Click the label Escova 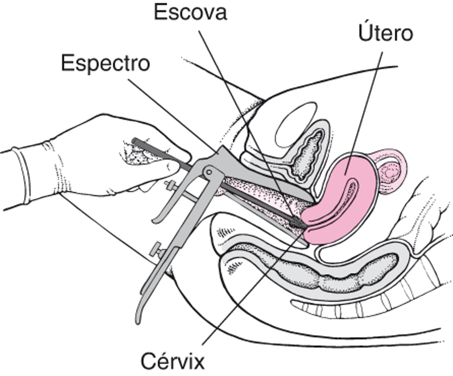coord(190,13)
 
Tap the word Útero coord(385,34)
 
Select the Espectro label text coord(105,63)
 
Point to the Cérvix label coord(172,360)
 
